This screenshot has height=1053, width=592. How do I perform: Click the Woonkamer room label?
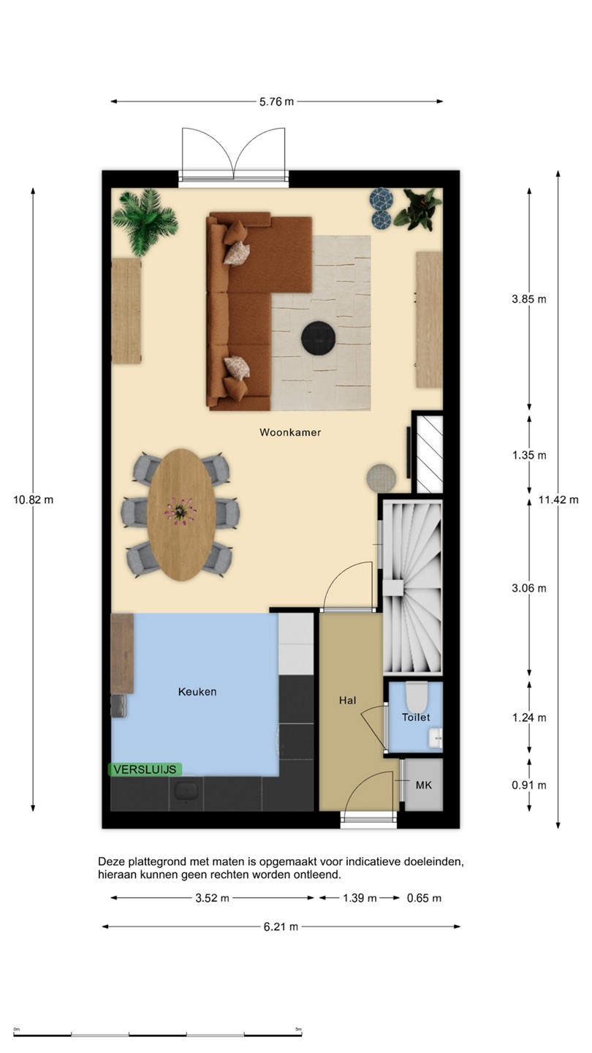290,432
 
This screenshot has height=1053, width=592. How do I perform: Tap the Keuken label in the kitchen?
197,692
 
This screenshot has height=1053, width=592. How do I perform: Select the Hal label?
347,701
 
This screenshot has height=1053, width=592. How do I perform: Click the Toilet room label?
416,717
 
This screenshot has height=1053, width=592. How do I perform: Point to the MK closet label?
423,785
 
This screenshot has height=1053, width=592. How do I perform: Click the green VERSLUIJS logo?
145,769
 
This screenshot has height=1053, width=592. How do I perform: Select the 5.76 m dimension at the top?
277,102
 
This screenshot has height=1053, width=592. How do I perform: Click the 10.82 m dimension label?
33,500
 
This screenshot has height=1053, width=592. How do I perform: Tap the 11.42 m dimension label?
558,500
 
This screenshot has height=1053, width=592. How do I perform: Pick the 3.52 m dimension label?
213,898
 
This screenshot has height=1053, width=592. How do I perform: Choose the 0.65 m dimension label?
424,898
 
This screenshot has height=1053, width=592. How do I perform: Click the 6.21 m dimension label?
281,927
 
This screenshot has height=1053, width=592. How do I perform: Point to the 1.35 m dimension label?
529,455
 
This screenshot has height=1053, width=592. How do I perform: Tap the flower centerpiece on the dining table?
180,511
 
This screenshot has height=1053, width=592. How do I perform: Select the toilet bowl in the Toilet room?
417,697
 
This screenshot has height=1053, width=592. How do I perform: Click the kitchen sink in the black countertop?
186,790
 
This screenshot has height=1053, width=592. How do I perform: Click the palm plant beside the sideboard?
145,222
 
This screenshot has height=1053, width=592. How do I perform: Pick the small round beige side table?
381,478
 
